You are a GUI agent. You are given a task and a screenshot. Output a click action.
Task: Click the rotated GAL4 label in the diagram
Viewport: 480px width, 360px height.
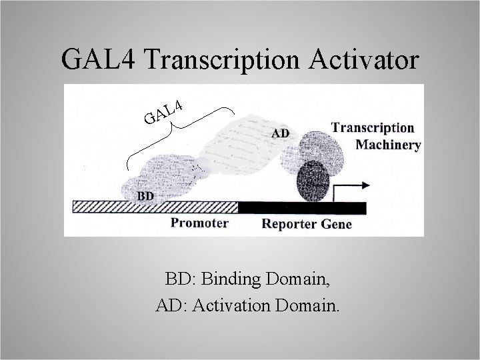pyautogui.click(x=163, y=112)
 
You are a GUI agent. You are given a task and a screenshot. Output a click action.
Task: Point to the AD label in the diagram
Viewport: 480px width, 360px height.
pyautogui.click(x=281, y=133)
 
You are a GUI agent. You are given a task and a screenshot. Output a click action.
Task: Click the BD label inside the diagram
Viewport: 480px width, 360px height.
pyautogui.click(x=148, y=196)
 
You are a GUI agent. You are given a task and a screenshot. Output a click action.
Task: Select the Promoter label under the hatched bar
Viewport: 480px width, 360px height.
pyautogui.click(x=199, y=223)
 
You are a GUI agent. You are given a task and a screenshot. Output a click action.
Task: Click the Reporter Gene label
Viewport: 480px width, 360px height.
pyautogui.click(x=307, y=224)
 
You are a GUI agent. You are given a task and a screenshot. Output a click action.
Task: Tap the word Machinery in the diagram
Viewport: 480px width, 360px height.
pyautogui.click(x=389, y=145)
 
